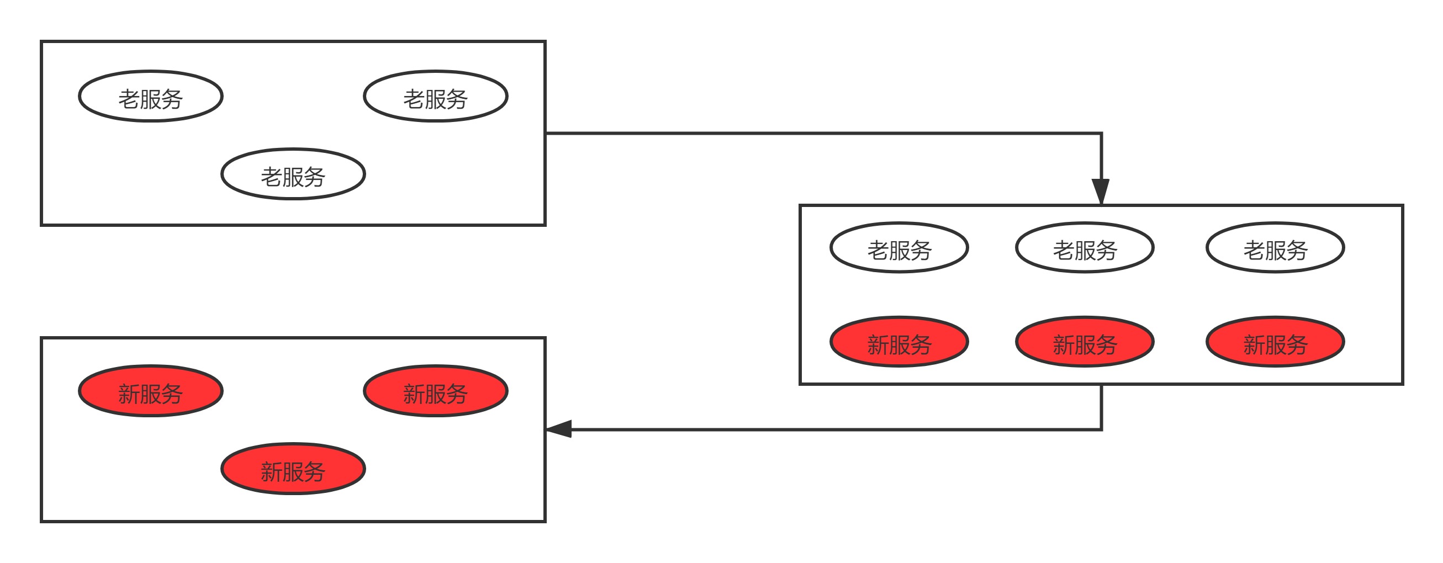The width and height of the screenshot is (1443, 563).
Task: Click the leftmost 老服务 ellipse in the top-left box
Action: (151, 96)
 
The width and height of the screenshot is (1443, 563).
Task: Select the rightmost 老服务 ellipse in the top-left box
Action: (436, 96)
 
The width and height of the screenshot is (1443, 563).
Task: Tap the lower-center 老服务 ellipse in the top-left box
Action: (293, 174)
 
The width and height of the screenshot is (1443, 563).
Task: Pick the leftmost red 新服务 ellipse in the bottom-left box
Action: (151, 391)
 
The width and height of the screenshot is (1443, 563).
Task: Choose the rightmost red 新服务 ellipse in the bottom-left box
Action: (436, 391)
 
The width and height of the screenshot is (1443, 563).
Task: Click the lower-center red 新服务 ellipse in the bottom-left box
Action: (293, 469)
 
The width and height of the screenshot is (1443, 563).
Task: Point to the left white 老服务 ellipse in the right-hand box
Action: (899, 248)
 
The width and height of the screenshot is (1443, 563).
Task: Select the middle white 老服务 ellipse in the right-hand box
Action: (1085, 248)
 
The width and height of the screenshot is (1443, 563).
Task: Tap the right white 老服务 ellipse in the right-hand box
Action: (1275, 248)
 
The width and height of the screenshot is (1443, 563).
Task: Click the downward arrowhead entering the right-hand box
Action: (1101, 192)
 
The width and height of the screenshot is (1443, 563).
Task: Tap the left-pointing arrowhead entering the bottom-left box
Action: (559, 429)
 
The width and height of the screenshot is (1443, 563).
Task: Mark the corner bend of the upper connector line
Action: (1101, 133)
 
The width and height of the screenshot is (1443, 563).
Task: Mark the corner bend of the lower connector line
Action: (1101, 429)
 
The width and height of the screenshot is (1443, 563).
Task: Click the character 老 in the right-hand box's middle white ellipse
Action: (1063, 250)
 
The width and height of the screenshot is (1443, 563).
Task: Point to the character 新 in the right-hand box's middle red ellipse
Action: (1063, 345)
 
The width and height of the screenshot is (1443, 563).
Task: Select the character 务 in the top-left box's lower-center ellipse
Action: (315, 177)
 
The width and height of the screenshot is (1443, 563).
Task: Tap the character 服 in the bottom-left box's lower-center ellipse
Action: (293, 472)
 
